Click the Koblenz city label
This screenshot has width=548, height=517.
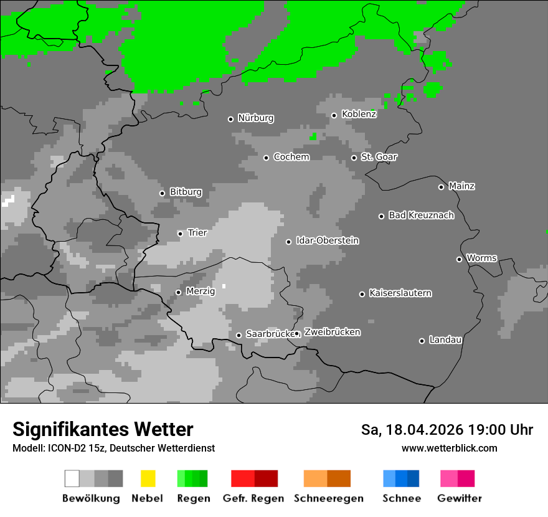pos(359,114)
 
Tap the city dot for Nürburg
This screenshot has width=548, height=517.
pos(230,119)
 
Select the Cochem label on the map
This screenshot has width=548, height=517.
pos(291,157)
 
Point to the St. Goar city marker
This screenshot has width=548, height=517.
pos(354,158)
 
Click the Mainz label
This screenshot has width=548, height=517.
pos(461,186)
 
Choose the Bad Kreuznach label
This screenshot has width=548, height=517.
pos(421,216)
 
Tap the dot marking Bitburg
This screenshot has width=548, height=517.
pos(162,193)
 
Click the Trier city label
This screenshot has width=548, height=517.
pos(197,233)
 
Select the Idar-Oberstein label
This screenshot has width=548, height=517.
pos(327,241)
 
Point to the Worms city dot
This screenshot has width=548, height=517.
pos(459,259)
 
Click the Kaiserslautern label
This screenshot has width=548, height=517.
pos(400,293)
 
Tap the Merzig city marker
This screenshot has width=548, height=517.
pos(178,292)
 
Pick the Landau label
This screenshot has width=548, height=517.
pos(445,340)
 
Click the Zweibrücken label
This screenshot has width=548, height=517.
pos(332,333)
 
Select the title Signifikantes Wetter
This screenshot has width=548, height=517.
pos(103,430)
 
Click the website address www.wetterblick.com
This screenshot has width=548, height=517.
pos(449,448)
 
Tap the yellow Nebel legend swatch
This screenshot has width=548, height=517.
pos(148,478)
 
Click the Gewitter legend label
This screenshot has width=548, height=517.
pos(459,498)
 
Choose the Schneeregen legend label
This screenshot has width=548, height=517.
pos(327,498)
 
